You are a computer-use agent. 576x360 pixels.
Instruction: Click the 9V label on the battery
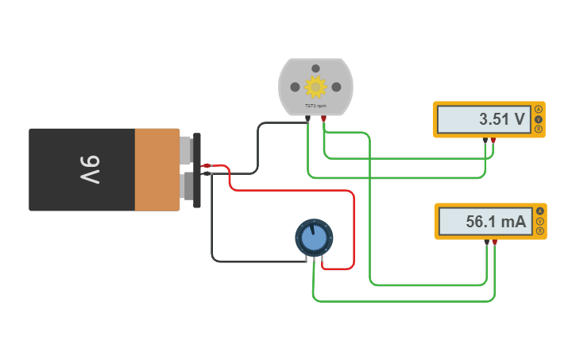tap(90, 170)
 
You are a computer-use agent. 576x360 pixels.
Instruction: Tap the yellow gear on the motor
tap(315, 86)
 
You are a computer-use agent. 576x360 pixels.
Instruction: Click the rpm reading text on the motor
tap(315, 106)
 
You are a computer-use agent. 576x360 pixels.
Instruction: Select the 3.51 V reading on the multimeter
tap(501, 120)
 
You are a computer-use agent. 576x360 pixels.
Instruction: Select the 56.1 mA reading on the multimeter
tap(496, 222)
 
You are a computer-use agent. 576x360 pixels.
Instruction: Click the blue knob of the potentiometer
tap(315, 237)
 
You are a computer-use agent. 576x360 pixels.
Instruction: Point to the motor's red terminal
tap(324, 118)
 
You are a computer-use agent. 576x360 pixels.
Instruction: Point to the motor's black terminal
tap(308, 118)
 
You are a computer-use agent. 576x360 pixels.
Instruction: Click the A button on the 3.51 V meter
tap(539, 109)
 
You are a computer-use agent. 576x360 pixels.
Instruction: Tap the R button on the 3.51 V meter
tap(539, 129)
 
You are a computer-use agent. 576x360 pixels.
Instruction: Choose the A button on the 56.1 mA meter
tap(540, 211)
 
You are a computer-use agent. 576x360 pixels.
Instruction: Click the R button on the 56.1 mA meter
tap(540, 231)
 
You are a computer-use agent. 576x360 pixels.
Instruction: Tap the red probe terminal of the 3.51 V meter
tap(493, 141)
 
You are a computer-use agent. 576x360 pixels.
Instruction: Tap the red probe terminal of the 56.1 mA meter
tap(495, 242)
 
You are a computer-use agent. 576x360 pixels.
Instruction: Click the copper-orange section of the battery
tap(157, 170)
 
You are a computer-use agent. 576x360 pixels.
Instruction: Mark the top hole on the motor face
tap(315, 69)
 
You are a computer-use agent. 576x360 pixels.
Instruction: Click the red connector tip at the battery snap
tap(207, 165)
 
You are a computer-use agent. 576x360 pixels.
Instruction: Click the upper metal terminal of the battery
tap(186, 149)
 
